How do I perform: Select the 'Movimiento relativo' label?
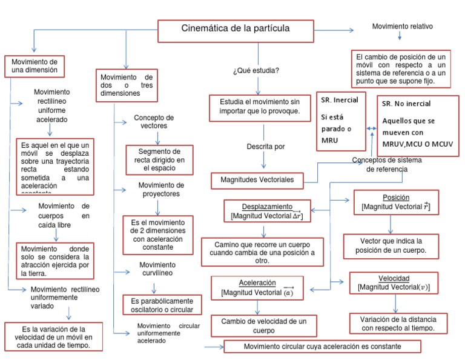(x=402, y=27)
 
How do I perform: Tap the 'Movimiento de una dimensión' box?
(x=35, y=66)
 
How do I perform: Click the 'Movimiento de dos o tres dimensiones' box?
(x=126, y=85)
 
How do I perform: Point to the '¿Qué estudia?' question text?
(x=256, y=71)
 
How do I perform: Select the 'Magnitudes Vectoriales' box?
(x=257, y=181)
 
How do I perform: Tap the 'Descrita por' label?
(x=265, y=147)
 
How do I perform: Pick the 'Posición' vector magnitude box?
(x=396, y=202)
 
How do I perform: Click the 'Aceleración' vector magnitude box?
(x=257, y=288)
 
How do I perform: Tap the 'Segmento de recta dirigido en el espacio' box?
(x=159, y=160)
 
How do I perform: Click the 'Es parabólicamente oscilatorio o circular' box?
(x=162, y=305)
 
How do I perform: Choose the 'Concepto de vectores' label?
(x=154, y=122)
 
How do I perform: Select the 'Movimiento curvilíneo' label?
(x=157, y=269)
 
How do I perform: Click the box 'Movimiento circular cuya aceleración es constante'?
(x=322, y=347)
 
